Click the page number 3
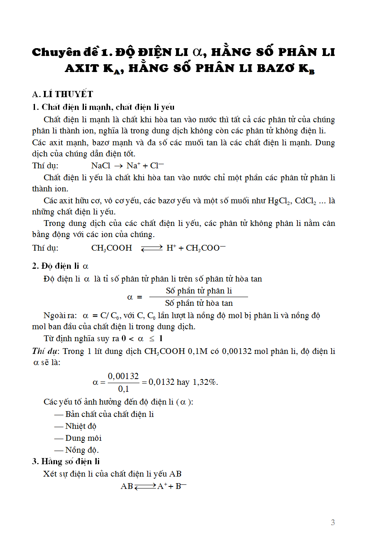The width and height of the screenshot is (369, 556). point(332,522)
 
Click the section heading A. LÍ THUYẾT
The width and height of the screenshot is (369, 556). point(63,94)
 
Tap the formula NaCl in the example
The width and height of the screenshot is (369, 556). point(101,165)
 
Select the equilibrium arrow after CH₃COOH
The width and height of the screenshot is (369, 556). point(152,248)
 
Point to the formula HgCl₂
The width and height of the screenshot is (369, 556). point(279,201)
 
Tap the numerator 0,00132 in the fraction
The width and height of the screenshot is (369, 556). point(123,376)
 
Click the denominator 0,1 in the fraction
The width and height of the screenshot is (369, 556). point(123,389)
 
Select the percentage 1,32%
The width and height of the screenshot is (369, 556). point(205,382)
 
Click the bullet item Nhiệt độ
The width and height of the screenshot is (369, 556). point(81,426)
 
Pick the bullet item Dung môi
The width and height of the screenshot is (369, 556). point(83,438)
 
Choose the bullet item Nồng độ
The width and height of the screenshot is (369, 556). point(81,450)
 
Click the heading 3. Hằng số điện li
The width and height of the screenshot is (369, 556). point(66,461)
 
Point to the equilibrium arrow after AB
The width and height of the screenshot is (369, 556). point(145,486)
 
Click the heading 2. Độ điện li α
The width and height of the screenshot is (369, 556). point(60,266)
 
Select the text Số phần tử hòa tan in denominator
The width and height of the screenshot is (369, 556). point(199,303)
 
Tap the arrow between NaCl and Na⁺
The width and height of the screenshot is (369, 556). point(118,166)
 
